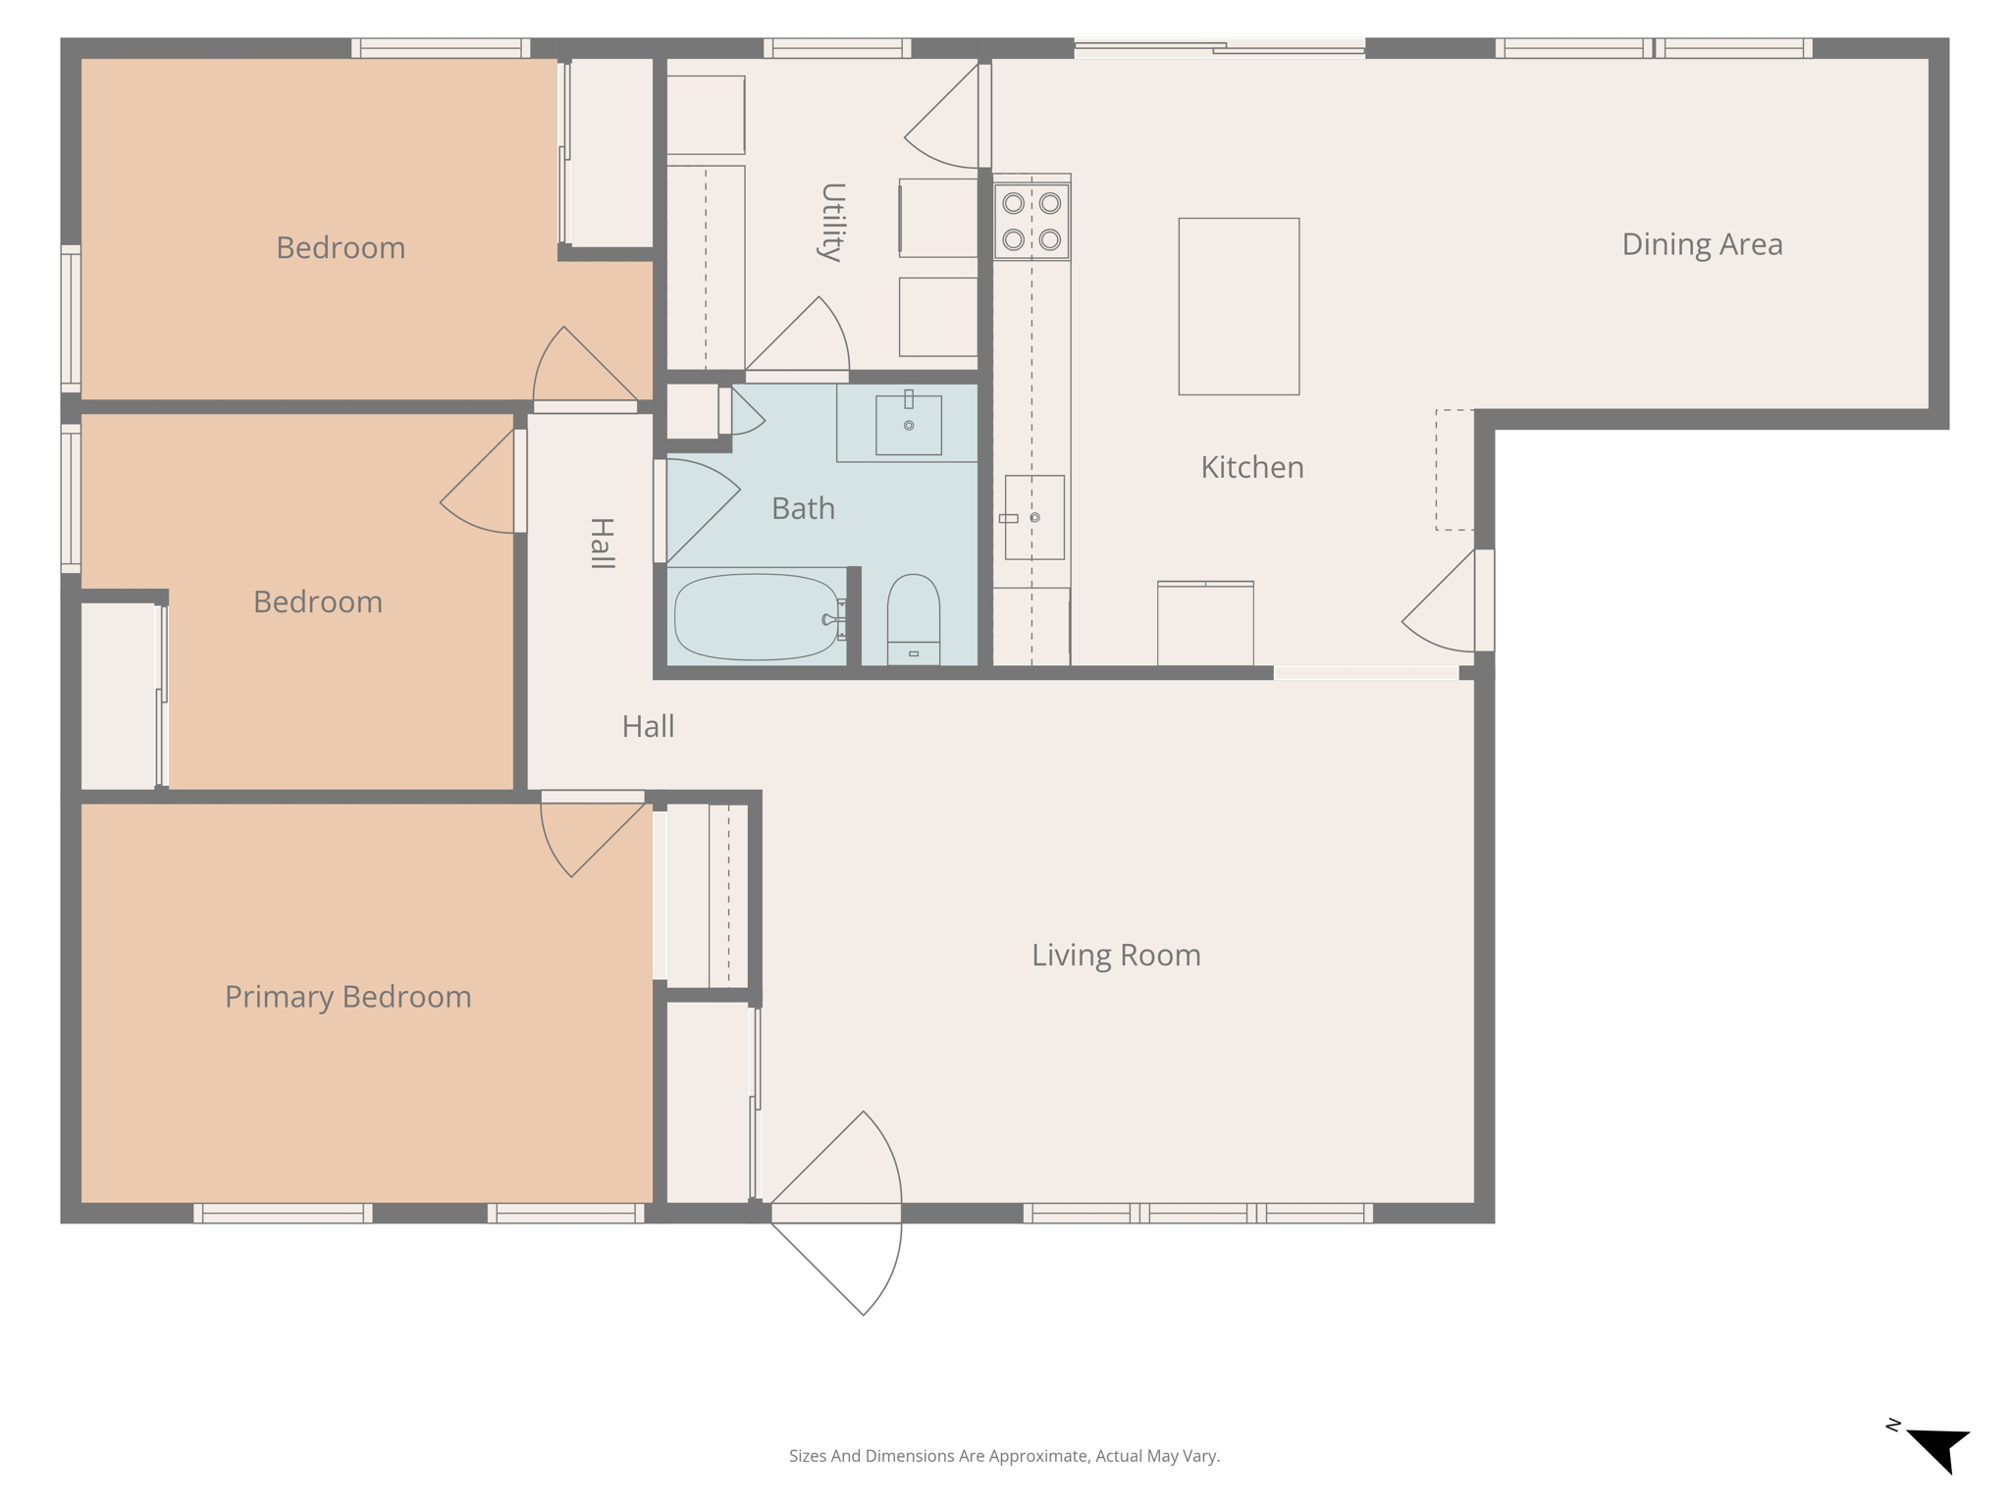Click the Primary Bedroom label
[x=347, y=997]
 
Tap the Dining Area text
[x=1701, y=244]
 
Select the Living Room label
[x=1115, y=955]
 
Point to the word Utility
[x=832, y=222]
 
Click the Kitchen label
[x=1251, y=467]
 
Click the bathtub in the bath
[x=756, y=616]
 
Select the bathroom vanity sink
[x=908, y=425]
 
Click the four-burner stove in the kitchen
[x=1031, y=220]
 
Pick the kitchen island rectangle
[x=1238, y=306]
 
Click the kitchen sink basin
[x=1034, y=517]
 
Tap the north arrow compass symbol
[x=1938, y=1448]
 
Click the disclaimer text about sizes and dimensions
[x=1004, y=1456]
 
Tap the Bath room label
[x=803, y=508]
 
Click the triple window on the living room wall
[x=1197, y=1213]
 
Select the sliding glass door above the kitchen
[x=1219, y=47]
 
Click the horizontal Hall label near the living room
[x=648, y=726]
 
